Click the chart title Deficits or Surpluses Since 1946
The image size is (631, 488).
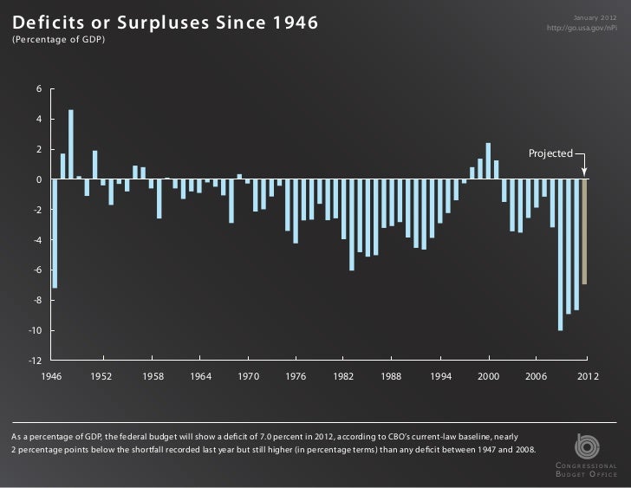tap(165, 21)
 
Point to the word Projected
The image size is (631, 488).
tap(550, 153)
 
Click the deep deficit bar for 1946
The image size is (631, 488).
tap(55, 233)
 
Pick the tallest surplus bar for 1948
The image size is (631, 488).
tap(71, 144)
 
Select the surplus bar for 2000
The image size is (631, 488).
tap(489, 161)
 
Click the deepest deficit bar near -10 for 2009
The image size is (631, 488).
tap(561, 255)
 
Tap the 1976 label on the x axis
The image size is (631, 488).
tap(296, 377)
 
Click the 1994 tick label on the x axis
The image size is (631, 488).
tap(441, 377)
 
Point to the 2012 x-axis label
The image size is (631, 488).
tap(587, 377)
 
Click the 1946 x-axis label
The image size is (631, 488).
tap(55, 377)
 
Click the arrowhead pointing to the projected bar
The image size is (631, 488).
tap(585, 173)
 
